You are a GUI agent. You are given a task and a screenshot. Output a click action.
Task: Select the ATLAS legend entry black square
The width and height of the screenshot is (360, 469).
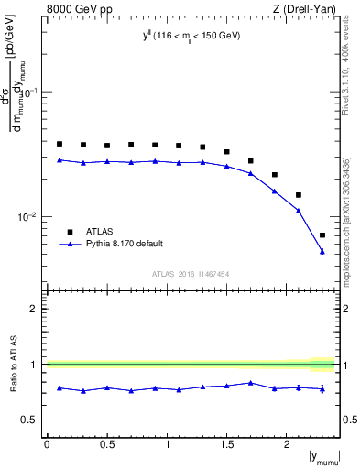coord(68,231)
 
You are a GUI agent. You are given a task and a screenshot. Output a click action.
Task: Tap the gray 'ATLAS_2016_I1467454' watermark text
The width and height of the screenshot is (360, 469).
coord(191,274)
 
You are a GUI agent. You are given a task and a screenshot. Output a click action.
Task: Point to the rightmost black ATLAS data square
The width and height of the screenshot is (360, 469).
coord(322,235)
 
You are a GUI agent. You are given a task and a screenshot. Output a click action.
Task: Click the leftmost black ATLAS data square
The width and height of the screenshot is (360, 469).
coord(60,144)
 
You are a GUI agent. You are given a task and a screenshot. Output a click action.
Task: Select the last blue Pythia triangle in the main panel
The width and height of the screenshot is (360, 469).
coord(322,252)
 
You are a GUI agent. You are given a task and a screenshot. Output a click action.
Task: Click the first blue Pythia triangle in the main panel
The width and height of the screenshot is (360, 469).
coord(60,160)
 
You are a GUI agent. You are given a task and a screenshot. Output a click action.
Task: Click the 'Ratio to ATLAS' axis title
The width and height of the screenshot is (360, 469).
coord(12,365)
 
